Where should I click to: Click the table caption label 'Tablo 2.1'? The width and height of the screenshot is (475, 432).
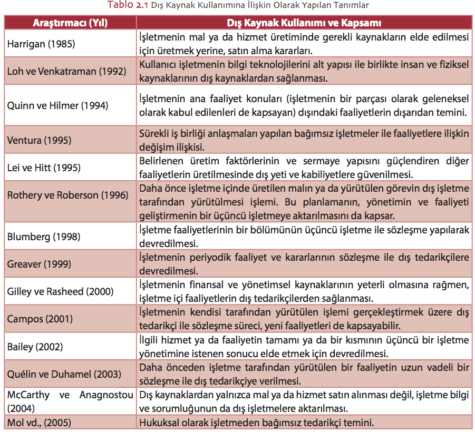pyautogui.click(x=126, y=5)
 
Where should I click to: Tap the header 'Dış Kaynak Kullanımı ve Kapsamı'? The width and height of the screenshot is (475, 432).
pyautogui.click(x=304, y=23)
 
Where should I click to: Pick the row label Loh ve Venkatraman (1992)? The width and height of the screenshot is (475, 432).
pyautogui.click(x=66, y=71)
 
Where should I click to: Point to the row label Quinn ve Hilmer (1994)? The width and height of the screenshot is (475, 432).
pyautogui.click(x=57, y=105)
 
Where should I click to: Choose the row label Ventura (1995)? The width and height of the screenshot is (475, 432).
pyautogui.click(x=39, y=141)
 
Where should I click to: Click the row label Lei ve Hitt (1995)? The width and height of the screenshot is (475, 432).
pyautogui.click(x=44, y=168)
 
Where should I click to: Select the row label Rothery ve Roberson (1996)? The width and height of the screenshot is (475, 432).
pyautogui.click(x=67, y=195)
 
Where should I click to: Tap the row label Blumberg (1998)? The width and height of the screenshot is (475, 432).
pyautogui.click(x=44, y=237)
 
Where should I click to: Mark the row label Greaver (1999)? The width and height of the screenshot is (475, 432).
pyautogui.click(x=40, y=264)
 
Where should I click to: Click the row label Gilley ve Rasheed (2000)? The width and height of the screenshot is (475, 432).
pyautogui.click(x=60, y=291)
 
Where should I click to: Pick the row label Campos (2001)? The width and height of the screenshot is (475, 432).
pyautogui.click(x=40, y=319)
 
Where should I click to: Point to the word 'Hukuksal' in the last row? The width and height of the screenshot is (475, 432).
pyautogui.click(x=158, y=423)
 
